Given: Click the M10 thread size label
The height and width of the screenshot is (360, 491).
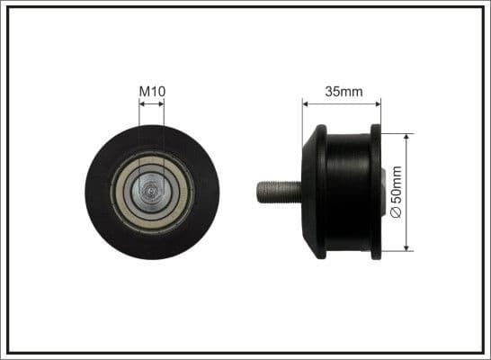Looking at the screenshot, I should click(x=152, y=91).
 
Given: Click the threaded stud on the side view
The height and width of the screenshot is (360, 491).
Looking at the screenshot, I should click(x=279, y=192).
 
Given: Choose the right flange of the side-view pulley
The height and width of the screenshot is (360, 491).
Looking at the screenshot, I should click(x=376, y=192).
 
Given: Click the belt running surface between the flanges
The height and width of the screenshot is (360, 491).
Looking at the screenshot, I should click(x=348, y=192).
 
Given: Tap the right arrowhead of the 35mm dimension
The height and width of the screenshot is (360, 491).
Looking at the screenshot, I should click(x=377, y=102).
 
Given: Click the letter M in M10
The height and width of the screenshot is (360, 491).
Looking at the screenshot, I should click(x=144, y=91).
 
